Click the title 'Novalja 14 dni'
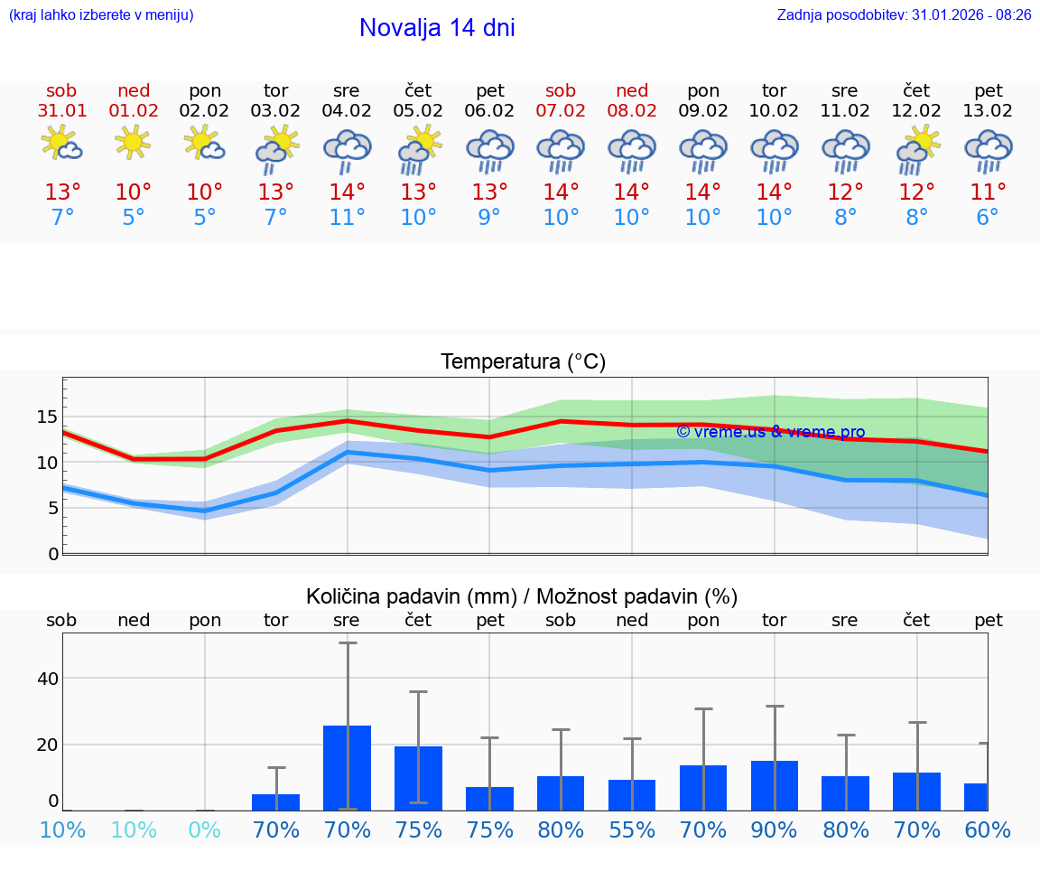pyautogui.click(x=437, y=28)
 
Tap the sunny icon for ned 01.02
pyautogui.click(x=133, y=142)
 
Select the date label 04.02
pyautogui.click(x=347, y=111)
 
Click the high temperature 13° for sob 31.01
pyautogui.click(x=62, y=192)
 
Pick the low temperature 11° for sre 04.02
pyautogui.click(x=347, y=218)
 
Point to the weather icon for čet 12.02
pyautogui.click(x=917, y=148)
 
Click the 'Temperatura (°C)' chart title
pyautogui.click(x=523, y=362)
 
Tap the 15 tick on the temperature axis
pyautogui.click(x=47, y=417)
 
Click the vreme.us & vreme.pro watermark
pyautogui.click(x=770, y=432)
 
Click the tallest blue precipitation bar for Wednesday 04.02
pyautogui.click(x=348, y=767)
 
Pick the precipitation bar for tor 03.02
pyautogui.click(x=276, y=801)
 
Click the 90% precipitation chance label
pyautogui.click(x=774, y=829)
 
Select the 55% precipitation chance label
pyautogui.click(x=632, y=829)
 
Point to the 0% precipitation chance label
pyautogui.click(x=205, y=829)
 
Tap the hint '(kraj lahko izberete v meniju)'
pyautogui.click(x=101, y=15)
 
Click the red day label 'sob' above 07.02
pyautogui.click(x=561, y=91)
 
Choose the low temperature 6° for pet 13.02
pyautogui.click(x=988, y=218)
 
